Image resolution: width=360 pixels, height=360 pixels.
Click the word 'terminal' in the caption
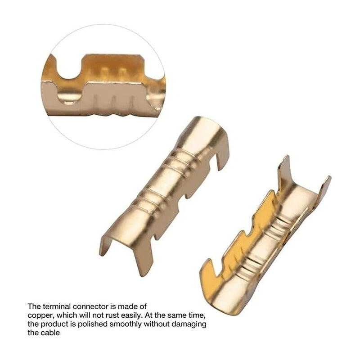[57, 306]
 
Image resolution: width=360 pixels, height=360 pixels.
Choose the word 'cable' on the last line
[51, 333]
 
